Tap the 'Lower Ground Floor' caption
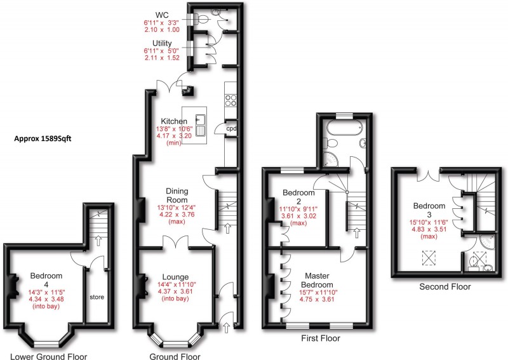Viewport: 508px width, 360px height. [48, 356]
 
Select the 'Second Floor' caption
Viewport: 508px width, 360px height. [445, 287]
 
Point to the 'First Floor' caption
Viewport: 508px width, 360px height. [319, 338]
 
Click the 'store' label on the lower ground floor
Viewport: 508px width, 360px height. [97, 297]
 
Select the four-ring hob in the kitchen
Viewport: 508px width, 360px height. [231, 100]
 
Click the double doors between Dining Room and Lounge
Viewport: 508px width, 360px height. [174, 242]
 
